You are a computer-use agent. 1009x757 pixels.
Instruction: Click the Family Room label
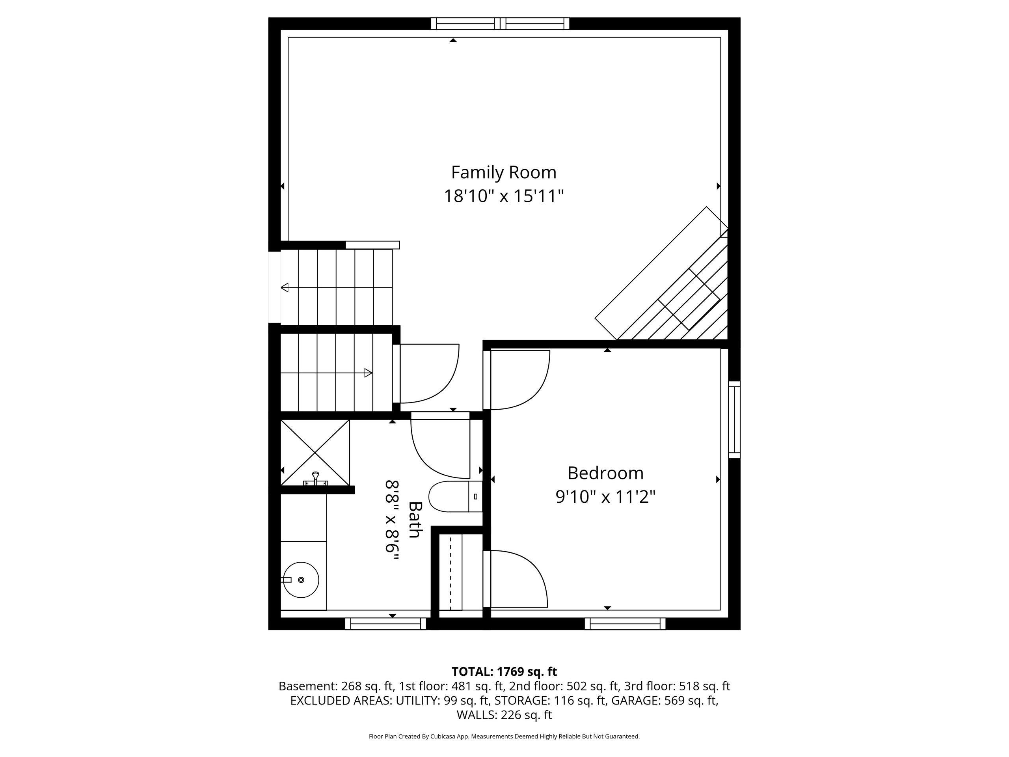point(504,172)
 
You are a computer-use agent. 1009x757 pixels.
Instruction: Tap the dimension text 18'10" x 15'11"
point(504,196)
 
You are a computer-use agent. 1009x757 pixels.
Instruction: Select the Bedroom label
point(605,473)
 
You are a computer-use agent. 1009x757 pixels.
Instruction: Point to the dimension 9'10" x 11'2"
point(605,496)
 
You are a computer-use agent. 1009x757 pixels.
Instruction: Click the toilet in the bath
point(456,496)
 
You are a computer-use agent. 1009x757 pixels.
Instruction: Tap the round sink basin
point(301,580)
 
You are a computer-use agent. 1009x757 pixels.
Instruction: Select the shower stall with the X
point(315,453)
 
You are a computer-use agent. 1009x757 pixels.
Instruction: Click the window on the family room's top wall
point(501,23)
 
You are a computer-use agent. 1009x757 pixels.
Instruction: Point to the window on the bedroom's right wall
point(734,420)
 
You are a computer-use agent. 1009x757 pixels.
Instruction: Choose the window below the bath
point(385,623)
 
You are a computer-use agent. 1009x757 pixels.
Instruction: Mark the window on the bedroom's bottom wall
point(625,623)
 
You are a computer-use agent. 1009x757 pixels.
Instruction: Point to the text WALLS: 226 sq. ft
point(504,714)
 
